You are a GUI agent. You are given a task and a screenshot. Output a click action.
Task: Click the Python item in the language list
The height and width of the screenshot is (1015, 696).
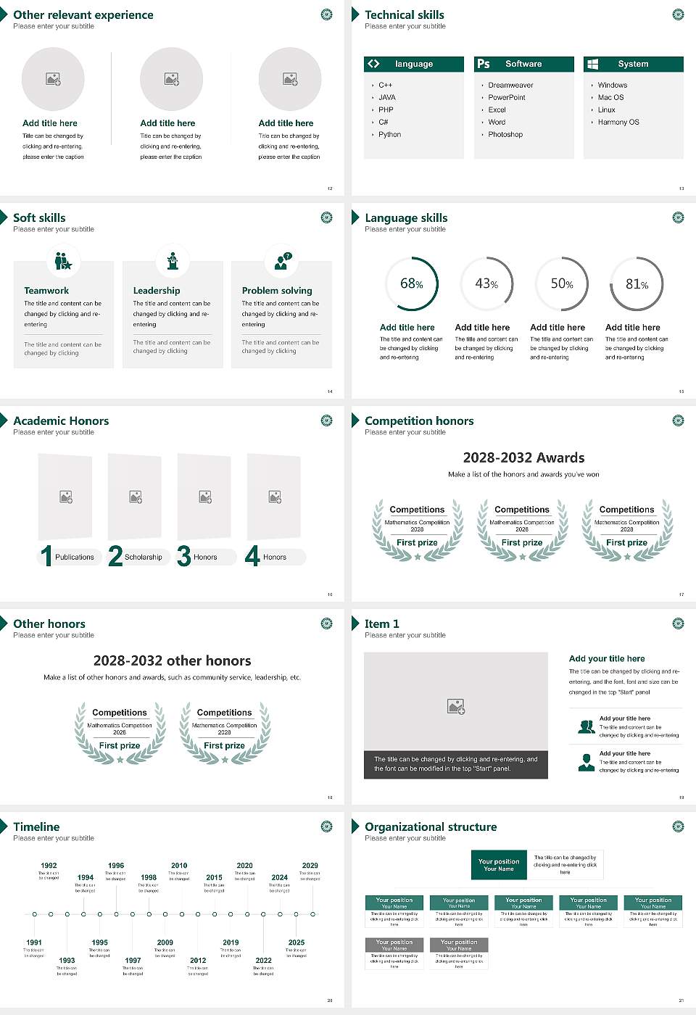(389, 135)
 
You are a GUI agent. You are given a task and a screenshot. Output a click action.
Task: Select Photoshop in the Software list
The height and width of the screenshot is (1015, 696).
(505, 135)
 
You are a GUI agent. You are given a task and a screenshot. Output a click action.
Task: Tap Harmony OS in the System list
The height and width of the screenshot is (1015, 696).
(618, 123)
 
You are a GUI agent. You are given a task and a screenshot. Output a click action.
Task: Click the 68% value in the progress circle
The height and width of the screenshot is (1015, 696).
(411, 283)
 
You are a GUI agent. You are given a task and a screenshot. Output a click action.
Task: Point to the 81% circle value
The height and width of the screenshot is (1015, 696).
(637, 284)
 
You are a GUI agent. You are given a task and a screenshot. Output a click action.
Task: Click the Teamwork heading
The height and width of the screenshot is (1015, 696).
(46, 291)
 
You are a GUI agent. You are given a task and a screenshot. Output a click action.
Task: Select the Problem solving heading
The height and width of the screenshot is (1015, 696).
(277, 291)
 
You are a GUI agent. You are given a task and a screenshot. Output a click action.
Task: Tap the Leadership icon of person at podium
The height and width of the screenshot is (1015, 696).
(173, 261)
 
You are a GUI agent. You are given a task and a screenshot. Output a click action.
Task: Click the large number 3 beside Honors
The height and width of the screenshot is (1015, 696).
(183, 556)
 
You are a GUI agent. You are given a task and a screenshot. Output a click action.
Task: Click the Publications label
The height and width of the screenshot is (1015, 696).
(75, 558)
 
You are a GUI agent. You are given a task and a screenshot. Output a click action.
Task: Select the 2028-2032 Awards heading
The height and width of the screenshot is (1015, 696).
(523, 458)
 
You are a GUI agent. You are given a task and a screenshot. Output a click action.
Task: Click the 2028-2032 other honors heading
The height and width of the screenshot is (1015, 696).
(173, 661)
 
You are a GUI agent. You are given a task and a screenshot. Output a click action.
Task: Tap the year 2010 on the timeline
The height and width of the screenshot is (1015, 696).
(179, 866)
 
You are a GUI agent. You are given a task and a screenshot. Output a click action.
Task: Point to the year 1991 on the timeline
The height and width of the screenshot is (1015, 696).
(34, 942)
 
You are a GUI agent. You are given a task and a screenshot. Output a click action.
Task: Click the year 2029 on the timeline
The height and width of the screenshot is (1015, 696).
(310, 866)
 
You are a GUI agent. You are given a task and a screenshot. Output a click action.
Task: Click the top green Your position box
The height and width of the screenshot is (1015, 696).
(499, 865)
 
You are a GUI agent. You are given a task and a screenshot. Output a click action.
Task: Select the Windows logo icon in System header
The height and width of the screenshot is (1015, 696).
(592, 64)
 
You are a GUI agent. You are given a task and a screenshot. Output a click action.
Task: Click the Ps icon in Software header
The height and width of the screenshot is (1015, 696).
(484, 64)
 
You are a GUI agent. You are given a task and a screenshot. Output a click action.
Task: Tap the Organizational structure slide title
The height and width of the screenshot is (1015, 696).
(431, 827)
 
